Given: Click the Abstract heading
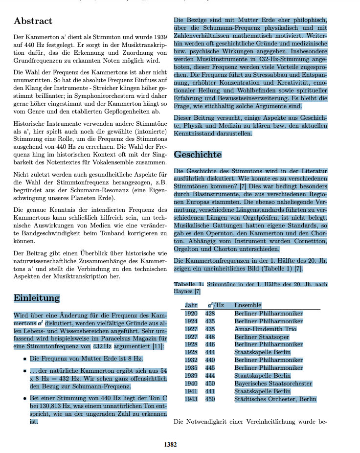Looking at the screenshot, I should click(33, 21).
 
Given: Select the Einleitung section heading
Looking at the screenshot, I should click(37, 298).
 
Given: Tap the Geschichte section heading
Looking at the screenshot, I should click(198, 155).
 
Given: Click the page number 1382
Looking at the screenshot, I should click(170, 444).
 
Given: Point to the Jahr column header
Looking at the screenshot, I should click(191, 305).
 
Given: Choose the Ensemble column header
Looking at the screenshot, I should click(247, 305).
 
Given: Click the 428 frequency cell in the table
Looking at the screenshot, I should click(210, 313).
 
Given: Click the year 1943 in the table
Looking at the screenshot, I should click(191, 399).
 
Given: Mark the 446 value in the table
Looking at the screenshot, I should click(210, 344).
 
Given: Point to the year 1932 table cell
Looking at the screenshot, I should click(191, 360).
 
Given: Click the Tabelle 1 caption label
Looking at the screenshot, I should click(189, 284).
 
